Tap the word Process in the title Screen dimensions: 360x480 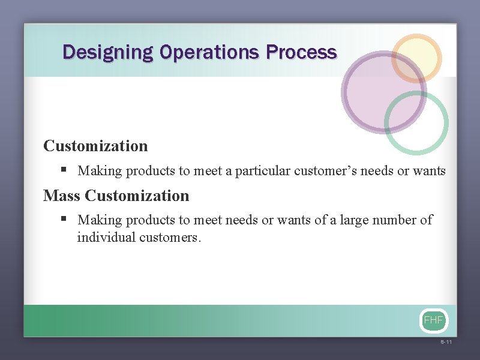point(301,53)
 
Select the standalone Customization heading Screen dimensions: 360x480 point(95,146)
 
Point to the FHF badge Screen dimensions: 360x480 point(433,320)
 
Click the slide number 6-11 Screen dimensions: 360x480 point(446,343)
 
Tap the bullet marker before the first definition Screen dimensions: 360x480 point(64,170)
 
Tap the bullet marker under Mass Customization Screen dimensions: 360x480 point(64,220)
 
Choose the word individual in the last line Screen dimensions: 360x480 point(106,237)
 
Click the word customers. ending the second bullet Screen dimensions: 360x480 point(171,237)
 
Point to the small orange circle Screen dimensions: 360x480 point(416,58)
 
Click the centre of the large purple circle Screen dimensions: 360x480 point(384,92)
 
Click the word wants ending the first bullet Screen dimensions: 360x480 point(430,171)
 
